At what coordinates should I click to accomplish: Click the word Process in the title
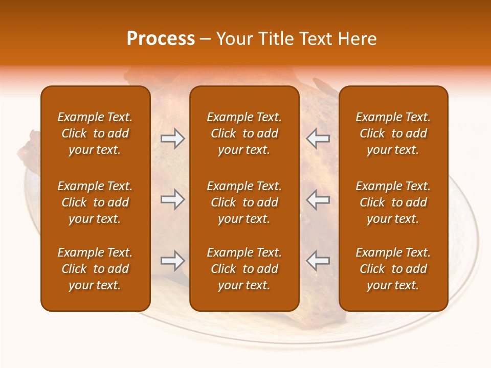pos(161,39)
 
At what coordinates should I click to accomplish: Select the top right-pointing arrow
pos(172,139)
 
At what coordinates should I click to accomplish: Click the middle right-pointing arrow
pos(172,199)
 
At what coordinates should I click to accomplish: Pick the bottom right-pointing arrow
pos(172,261)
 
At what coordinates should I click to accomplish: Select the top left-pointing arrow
pos(318,139)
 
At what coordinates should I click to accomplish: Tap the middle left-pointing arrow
pos(318,199)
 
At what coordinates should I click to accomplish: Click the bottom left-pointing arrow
pos(318,261)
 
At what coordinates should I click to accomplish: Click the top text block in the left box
pos(95,133)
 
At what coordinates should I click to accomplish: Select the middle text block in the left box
pos(95,202)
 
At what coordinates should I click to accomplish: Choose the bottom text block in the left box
pos(95,269)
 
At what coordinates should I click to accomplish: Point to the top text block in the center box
pos(244,133)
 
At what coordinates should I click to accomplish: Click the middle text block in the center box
pos(244,202)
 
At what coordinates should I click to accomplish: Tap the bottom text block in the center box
pos(244,269)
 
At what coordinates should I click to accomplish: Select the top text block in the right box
pos(393,133)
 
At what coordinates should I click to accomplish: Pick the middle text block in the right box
pos(393,202)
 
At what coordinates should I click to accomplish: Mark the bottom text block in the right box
pos(393,269)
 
